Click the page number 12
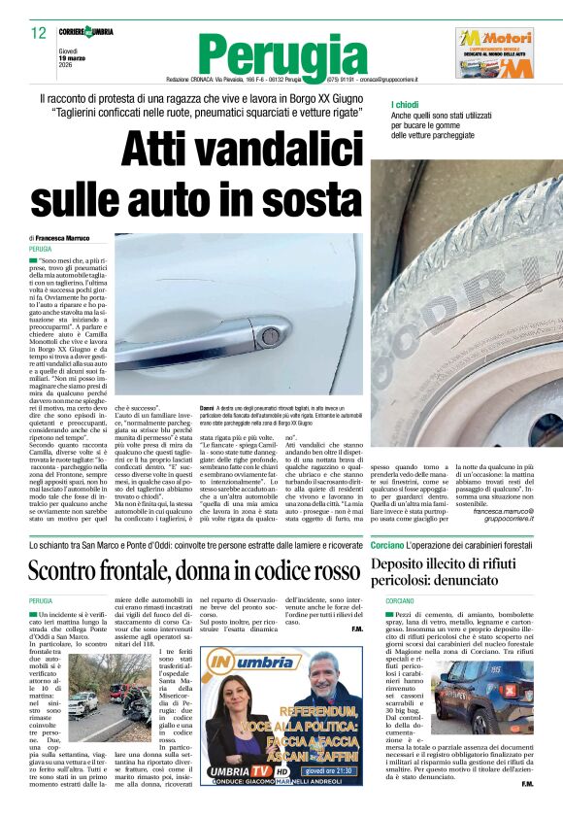[x=39, y=33]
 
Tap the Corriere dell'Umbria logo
[x=84, y=32]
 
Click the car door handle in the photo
[x=254, y=334]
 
